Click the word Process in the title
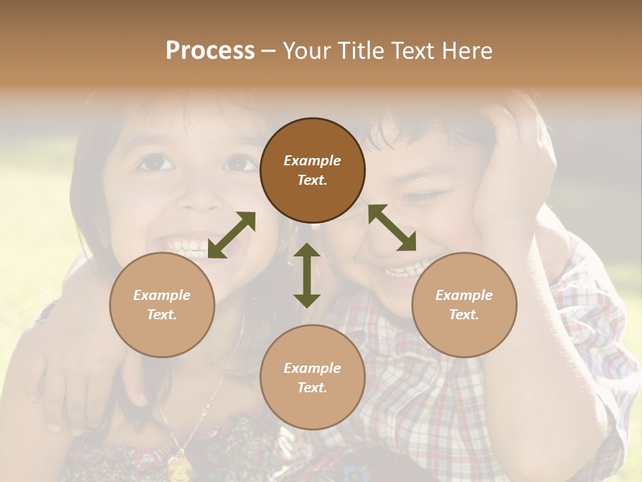(210, 50)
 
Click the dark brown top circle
(312, 170)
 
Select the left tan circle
(162, 305)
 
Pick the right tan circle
(464, 305)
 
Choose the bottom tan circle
(312, 378)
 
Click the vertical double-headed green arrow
(307, 275)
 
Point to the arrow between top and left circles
(231, 235)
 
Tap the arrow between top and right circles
(392, 228)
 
